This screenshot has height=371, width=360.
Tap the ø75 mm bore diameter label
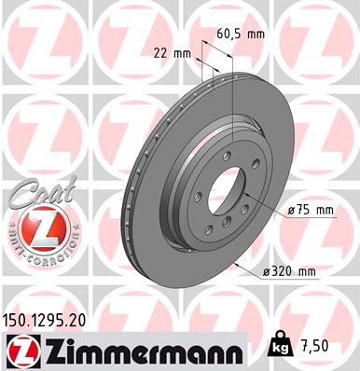(310, 211)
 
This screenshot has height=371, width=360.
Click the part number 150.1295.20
(50, 319)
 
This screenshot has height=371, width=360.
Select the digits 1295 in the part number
(52, 319)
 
